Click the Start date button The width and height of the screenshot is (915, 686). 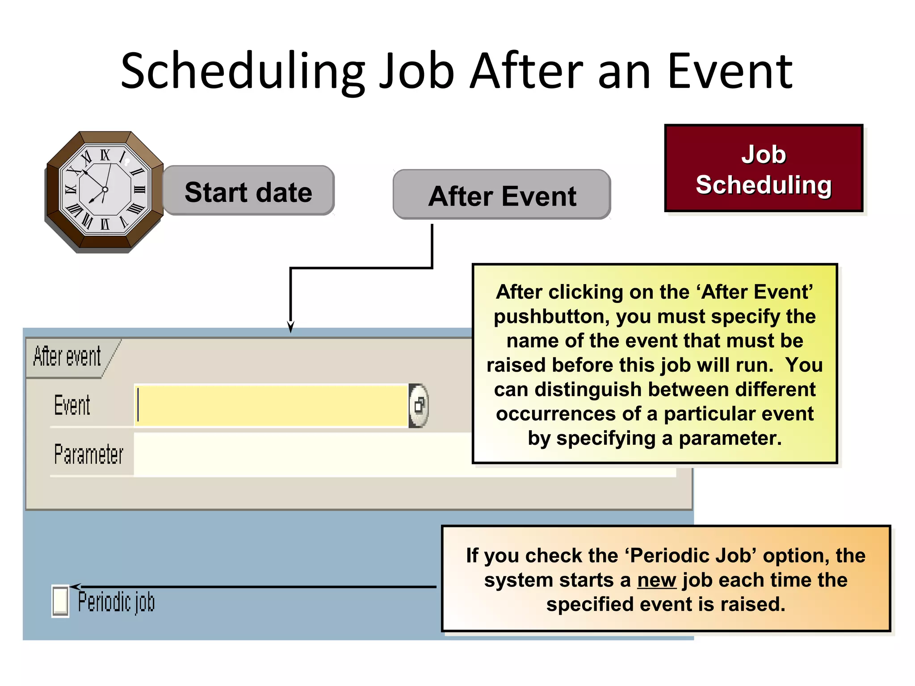coord(248,191)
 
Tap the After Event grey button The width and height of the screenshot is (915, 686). coord(502,195)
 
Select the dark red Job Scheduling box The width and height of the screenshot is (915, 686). coord(764,168)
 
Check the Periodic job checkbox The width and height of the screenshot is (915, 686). coord(60,601)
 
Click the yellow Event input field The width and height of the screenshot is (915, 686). coord(271,405)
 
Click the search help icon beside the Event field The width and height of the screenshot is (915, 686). coord(419,406)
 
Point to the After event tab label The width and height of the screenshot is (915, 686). coord(67,357)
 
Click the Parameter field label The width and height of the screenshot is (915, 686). coord(88,454)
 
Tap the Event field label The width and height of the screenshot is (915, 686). coord(72,405)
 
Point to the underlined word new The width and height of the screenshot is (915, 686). coord(656,580)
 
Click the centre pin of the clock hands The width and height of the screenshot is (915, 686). coord(105,189)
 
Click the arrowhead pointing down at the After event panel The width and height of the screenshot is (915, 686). coord(291,327)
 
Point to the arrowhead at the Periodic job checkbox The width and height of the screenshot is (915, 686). coord(75,586)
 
